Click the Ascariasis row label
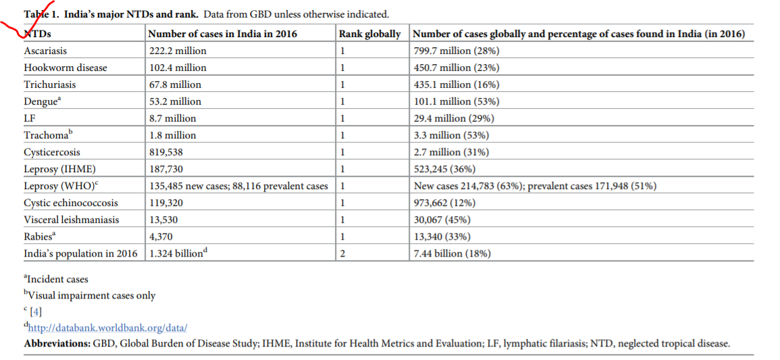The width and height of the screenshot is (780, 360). (45, 51)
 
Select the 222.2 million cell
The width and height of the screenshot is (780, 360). (178, 51)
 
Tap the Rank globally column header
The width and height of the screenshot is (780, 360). (369, 34)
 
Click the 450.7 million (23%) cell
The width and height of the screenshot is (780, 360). (456, 68)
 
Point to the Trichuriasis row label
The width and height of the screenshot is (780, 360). (50, 84)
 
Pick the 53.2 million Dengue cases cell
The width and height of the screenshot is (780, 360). (175, 101)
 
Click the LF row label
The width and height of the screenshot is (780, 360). (29, 118)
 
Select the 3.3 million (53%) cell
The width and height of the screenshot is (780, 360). (451, 135)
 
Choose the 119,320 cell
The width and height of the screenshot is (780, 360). (165, 203)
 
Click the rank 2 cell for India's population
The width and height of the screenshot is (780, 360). (343, 253)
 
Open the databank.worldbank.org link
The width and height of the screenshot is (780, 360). (107, 328)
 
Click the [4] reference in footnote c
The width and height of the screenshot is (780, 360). (35, 312)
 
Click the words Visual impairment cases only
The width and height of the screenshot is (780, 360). (92, 295)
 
